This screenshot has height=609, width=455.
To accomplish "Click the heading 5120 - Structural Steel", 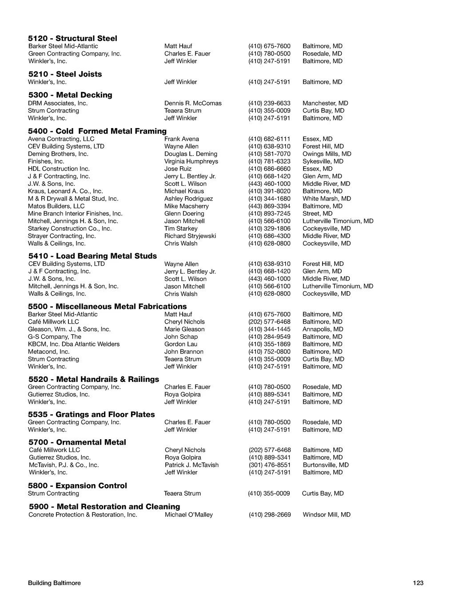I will click(x=72, y=38).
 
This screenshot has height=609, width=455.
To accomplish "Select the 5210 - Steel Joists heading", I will click(x=65, y=74).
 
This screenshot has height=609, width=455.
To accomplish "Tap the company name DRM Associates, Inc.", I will click(x=58, y=103).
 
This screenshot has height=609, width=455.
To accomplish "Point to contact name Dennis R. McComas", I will click(x=193, y=103).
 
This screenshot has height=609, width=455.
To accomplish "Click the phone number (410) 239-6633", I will click(x=269, y=103).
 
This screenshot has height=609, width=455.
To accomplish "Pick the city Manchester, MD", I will click(x=325, y=103).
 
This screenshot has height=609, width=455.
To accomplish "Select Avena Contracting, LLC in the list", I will click(x=61, y=139).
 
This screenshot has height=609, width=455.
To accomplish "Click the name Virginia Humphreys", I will click(x=191, y=161).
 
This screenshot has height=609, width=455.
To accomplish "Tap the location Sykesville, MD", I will click(x=323, y=161).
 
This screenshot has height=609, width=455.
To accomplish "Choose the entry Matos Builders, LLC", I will click(x=56, y=206).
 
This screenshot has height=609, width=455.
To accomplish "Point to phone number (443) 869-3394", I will click(x=269, y=206).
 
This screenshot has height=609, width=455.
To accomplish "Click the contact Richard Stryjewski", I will click(x=190, y=236).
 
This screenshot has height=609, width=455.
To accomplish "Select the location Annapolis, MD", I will click(x=323, y=329).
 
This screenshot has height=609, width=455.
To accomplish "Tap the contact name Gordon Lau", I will click(x=181, y=344).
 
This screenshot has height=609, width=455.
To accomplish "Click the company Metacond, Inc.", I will click(x=49, y=352).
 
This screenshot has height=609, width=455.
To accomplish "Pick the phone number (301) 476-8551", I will click(x=270, y=465).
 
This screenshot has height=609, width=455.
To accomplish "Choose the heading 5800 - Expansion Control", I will click(x=77, y=485).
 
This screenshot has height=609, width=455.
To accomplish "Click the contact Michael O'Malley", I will click(x=189, y=515).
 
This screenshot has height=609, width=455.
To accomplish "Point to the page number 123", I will click(x=418, y=583).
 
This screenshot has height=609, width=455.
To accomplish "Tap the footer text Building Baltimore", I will click(x=54, y=583).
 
